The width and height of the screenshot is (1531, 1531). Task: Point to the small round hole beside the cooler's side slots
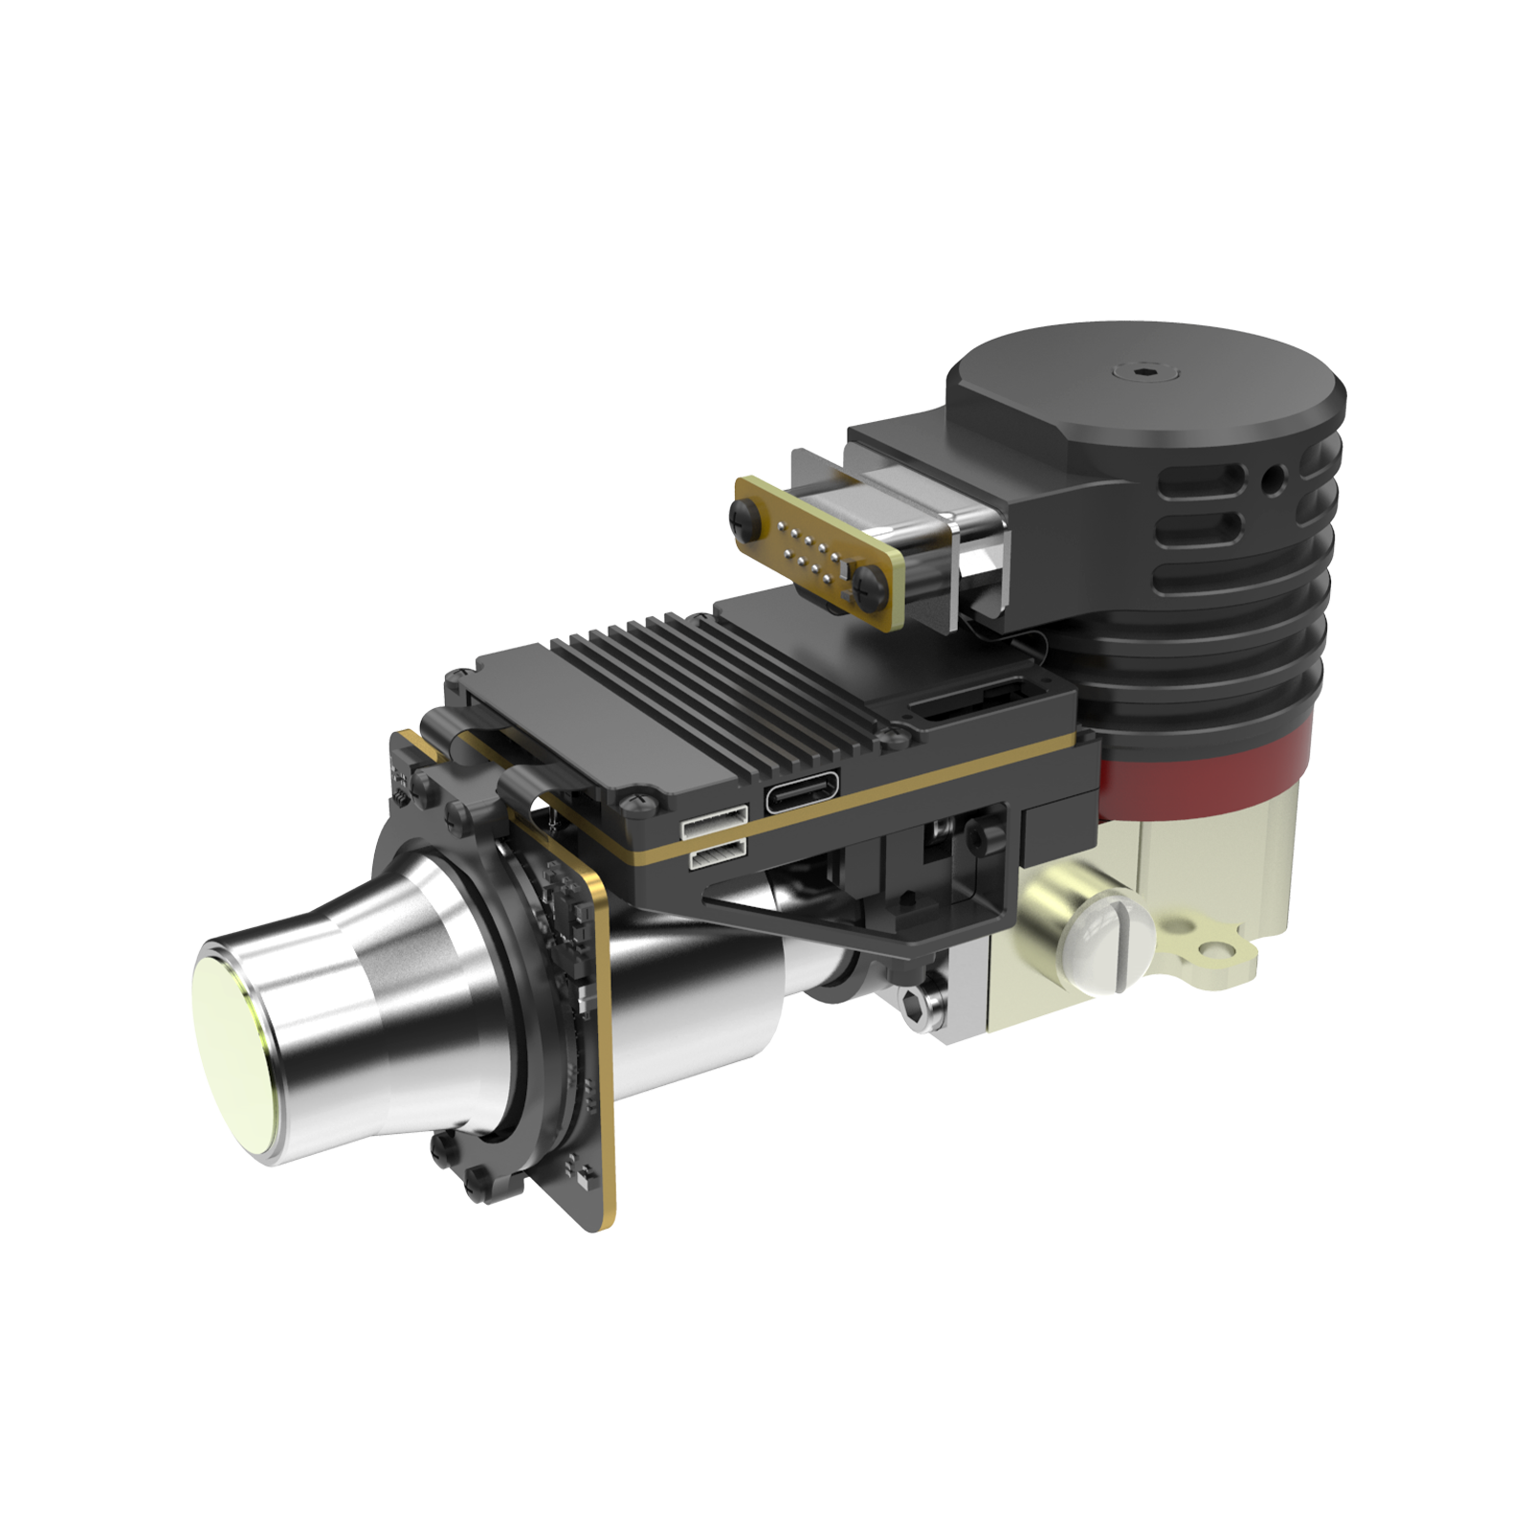coord(1274,476)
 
